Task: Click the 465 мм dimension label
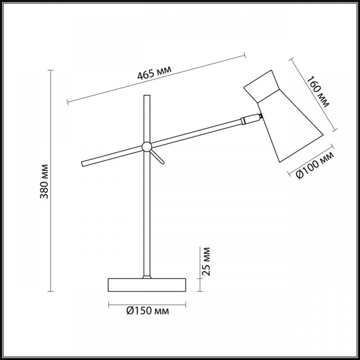154,72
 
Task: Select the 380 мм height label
44,181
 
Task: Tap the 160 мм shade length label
318,92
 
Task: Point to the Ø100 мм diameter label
315,165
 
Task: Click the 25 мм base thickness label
206,261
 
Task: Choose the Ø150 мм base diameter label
148,311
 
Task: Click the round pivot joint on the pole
147,147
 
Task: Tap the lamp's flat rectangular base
147,285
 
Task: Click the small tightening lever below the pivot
157,157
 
